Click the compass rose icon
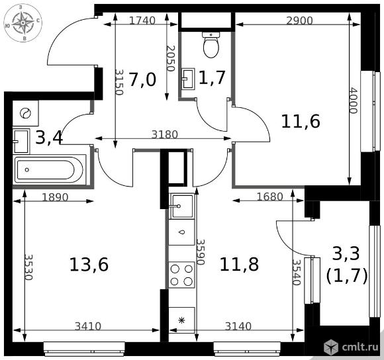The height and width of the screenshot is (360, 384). (23, 22)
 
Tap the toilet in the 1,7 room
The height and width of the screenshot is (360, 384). (211, 44)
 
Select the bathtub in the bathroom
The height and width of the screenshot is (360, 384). (50, 169)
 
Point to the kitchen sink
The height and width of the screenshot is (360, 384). (182, 206)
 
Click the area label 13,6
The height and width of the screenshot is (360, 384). (89, 265)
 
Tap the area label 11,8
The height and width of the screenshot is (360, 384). (239, 265)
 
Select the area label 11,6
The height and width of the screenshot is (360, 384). (301, 122)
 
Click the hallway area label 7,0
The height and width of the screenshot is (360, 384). (142, 80)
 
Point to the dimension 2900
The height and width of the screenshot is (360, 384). (299, 21)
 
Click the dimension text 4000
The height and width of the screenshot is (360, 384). (353, 101)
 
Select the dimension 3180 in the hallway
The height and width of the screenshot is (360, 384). (165, 134)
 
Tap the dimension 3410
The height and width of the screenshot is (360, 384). (87, 326)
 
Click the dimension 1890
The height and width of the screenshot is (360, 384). (55, 197)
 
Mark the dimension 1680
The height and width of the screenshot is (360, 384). (270, 197)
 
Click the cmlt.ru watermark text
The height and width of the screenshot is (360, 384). (360, 347)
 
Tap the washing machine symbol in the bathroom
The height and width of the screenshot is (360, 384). (25, 113)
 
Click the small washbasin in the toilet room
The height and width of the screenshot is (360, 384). (188, 79)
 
